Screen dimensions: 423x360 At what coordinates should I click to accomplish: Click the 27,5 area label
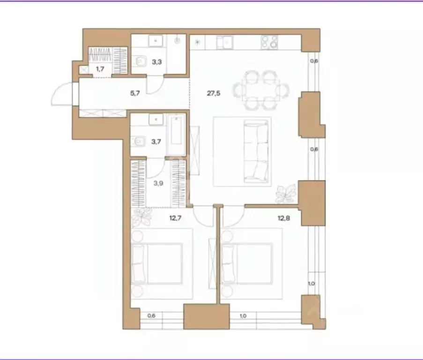214,93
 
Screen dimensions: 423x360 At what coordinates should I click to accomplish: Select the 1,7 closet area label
100,69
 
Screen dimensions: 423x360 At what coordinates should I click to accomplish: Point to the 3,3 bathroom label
157,62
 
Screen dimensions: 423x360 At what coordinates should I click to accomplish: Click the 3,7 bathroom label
156,142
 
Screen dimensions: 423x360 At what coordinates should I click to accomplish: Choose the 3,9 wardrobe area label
158,183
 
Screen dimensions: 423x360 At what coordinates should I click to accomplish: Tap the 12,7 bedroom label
175,218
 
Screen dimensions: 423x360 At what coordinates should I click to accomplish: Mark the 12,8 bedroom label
284,218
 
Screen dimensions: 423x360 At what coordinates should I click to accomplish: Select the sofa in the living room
256,152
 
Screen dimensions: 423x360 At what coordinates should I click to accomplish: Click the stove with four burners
269,42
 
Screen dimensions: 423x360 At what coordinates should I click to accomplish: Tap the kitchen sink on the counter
225,43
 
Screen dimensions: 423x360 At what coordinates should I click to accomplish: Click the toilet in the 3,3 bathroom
139,62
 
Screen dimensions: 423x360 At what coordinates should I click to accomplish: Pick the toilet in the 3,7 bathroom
138,141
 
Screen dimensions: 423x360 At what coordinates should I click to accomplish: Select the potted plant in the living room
286,193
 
